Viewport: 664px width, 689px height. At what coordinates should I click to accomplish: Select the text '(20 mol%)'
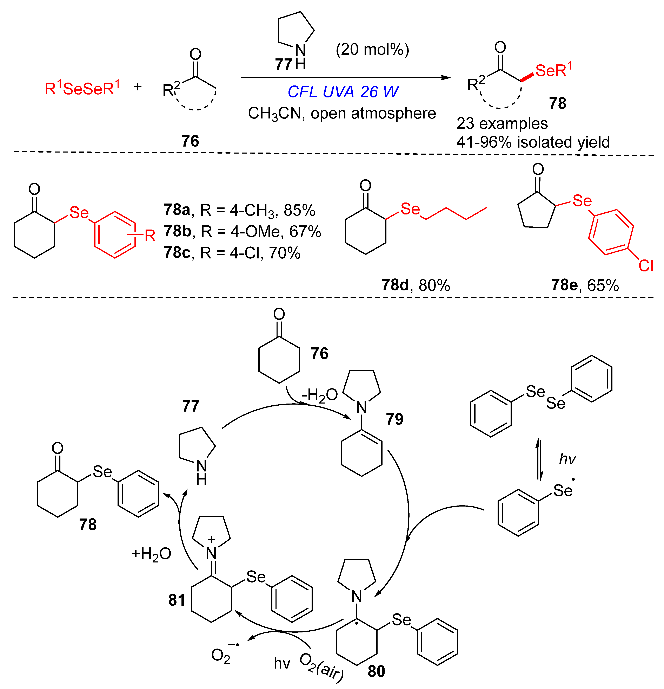(372, 50)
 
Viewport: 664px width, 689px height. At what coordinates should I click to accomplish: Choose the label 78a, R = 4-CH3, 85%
(239, 210)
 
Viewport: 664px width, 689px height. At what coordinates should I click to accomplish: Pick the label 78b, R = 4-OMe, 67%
(242, 231)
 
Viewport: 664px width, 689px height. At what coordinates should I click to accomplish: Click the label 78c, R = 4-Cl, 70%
(232, 253)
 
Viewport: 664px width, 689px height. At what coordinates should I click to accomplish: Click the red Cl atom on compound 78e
(645, 266)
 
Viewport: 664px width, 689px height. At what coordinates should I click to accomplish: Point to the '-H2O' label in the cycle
(320, 395)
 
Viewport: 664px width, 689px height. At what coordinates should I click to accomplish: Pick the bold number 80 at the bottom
(376, 671)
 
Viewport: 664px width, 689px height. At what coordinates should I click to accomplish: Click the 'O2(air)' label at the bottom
(321, 670)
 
